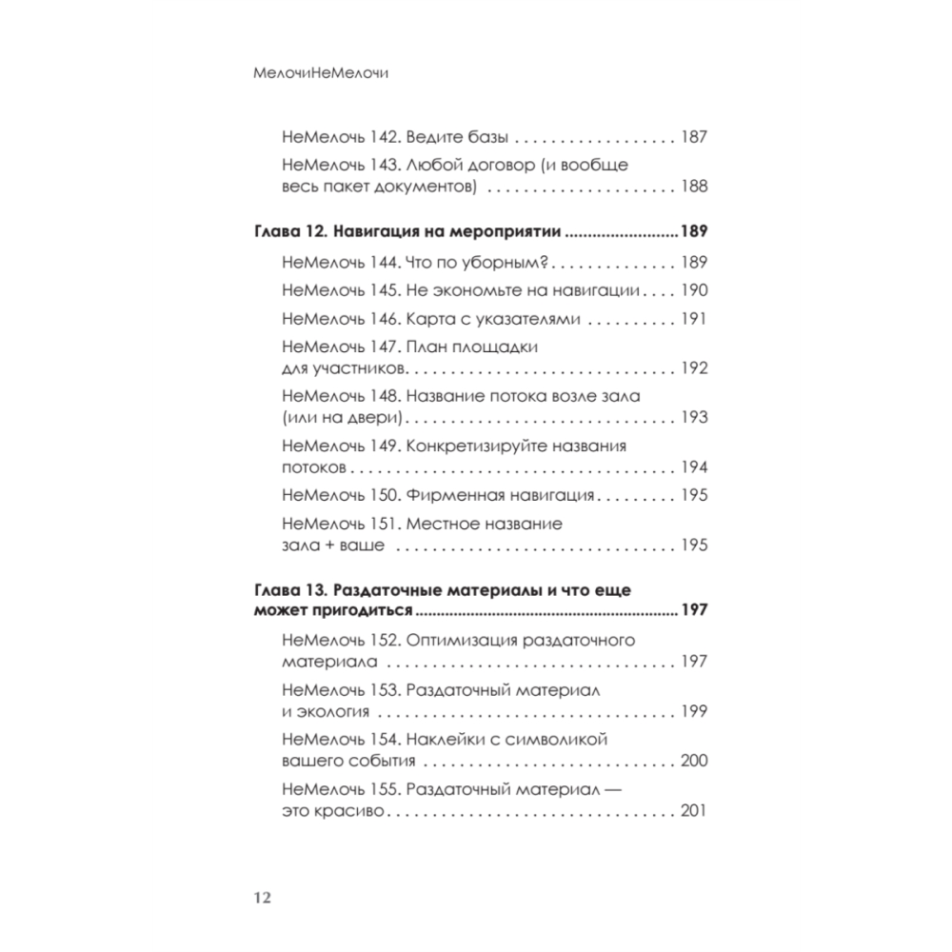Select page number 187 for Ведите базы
tap(694, 136)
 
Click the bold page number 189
tap(694, 233)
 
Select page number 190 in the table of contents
tap(694, 290)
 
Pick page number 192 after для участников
tap(694, 368)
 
